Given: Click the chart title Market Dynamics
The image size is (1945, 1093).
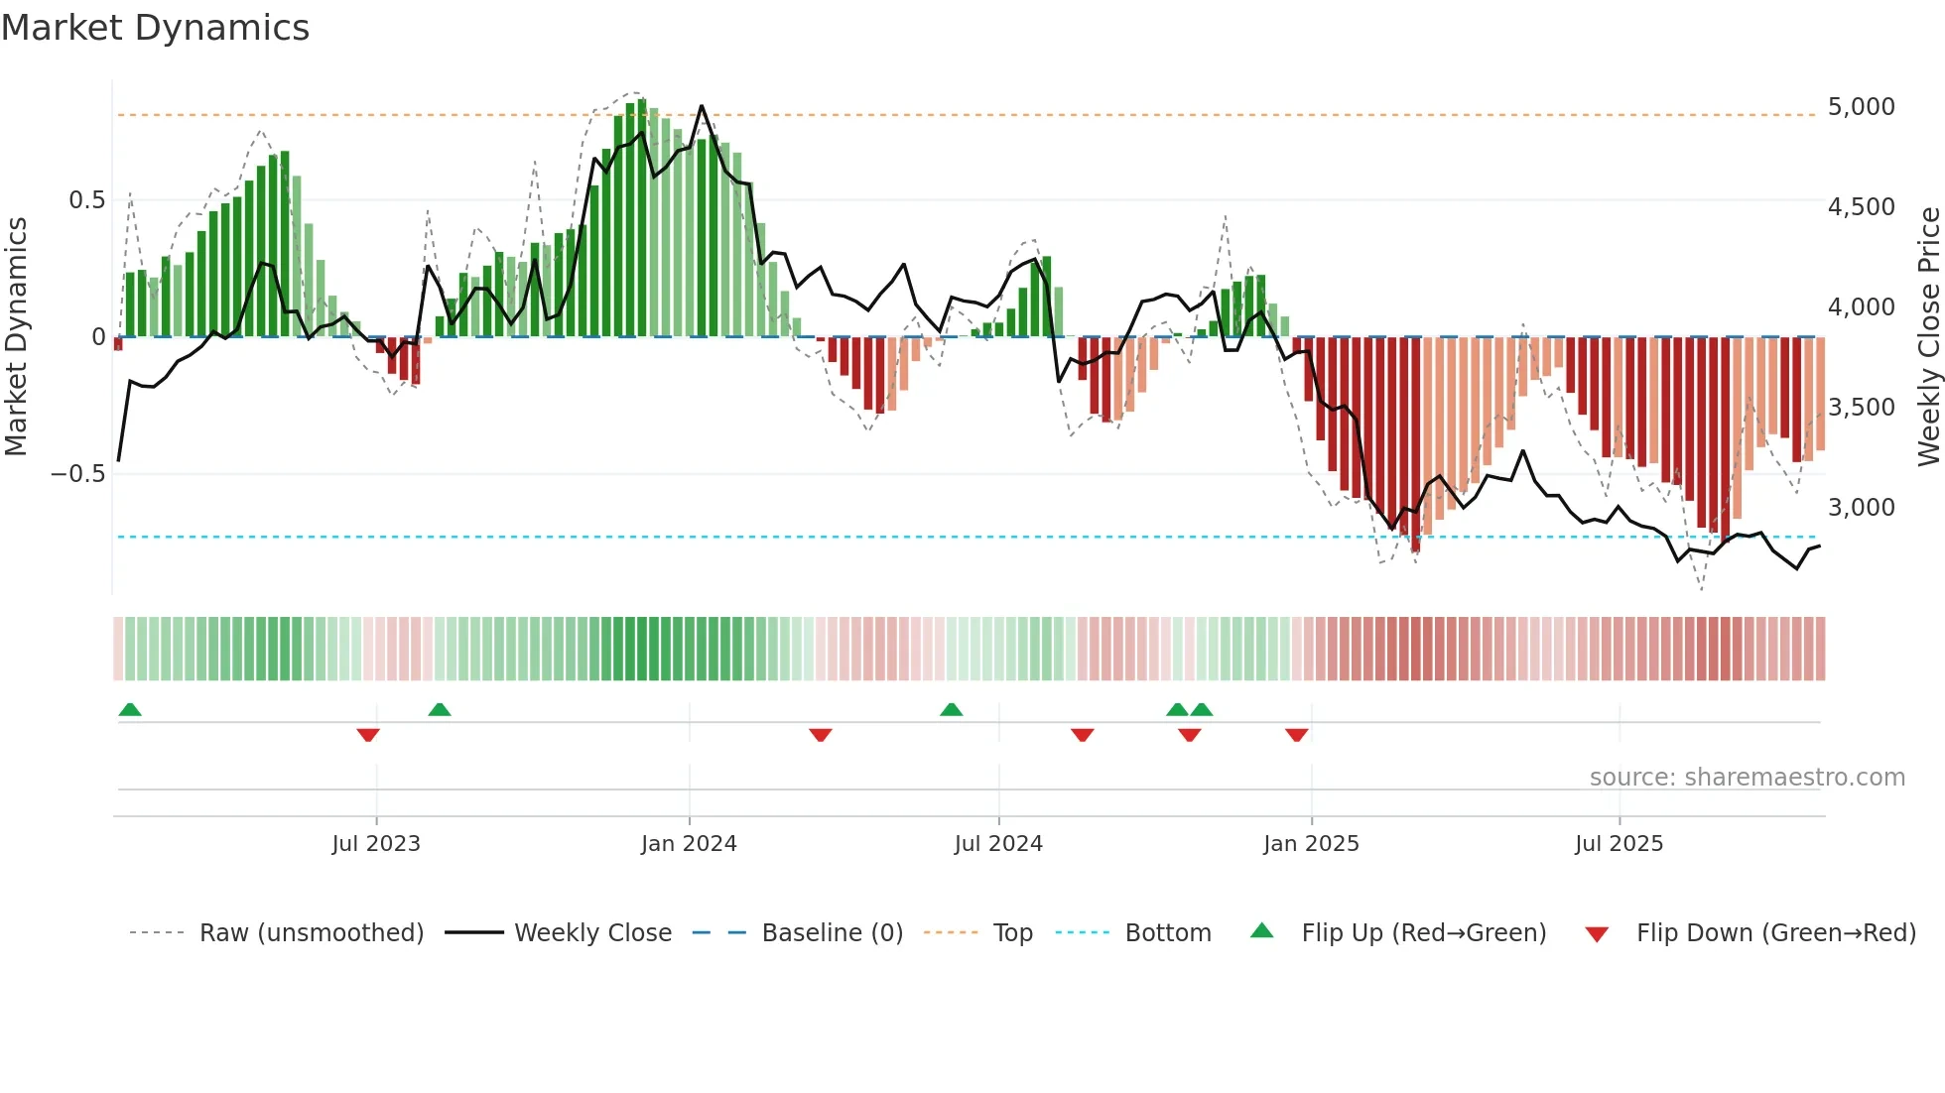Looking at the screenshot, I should pyautogui.click(x=156, y=28).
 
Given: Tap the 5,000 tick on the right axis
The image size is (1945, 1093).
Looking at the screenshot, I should pyautogui.click(x=1861, y=107).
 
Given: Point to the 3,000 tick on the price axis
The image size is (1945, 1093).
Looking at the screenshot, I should pyautogui.click(x=1861, y=508).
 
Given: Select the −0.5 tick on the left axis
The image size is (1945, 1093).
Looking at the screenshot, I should pyautogui.click(x=77, y=474).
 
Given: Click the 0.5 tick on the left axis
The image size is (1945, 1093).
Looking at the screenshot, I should pyautogui.click(x=86, y=200).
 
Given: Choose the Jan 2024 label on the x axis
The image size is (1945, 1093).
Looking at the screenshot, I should pyautogui.click(x=689, y=844).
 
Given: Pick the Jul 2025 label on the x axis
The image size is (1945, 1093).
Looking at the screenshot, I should pyautogui.click(x=1619, y=844).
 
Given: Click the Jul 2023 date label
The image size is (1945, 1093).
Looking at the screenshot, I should pyautogui.click(x=376, y=844).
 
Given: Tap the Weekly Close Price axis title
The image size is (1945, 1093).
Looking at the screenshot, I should pyautogui.click(x=1928, y=336).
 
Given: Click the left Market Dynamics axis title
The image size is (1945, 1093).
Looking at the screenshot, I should pyautogui.click(x=17, y=336).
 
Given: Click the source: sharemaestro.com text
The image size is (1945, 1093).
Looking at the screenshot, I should pyautogui.click(x=1747, y=778).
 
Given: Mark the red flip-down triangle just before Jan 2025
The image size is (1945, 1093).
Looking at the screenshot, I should pyautogui.click(x=1296, y=735).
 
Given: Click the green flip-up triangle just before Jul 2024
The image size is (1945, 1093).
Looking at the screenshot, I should pyautogui.click(x=951, y=709).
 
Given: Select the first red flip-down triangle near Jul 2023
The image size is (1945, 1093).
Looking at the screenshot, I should pyautogui.click(x=368, y=735).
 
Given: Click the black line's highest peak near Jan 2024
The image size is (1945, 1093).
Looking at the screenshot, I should pyautogui.click(x=702, y=106).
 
